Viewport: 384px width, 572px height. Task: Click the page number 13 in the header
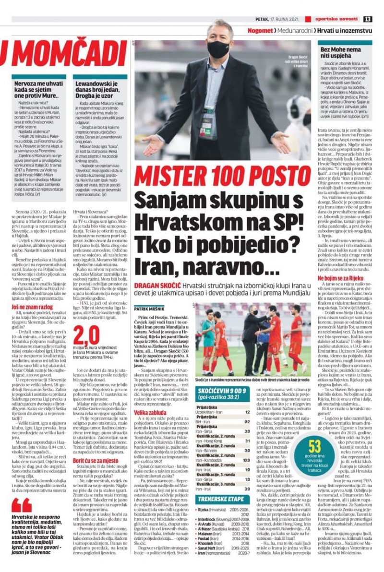[x=367, y=19]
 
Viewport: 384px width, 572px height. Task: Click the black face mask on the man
[x=218, y=48]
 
